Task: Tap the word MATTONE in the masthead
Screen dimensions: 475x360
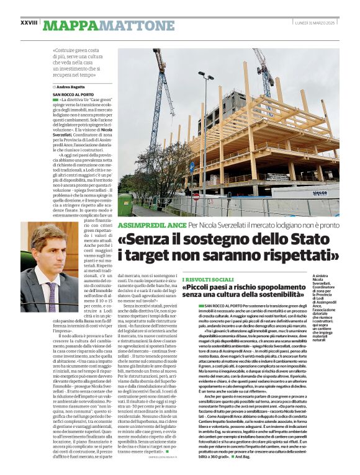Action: click(137, 25)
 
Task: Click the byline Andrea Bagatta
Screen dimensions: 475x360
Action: click(70, 87)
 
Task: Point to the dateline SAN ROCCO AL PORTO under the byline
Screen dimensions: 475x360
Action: click(74, 94)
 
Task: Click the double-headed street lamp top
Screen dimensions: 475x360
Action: click(205, 76)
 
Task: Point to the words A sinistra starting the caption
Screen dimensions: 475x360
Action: click(322, 275)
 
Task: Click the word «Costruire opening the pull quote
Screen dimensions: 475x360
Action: click(66, 50)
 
